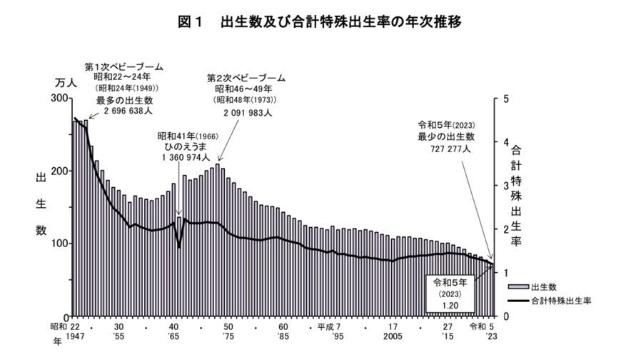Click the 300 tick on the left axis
click(x=61, y=98)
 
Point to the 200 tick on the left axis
click(x=61, y=171)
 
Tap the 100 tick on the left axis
click(x=61, y=244)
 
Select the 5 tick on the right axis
click(x=505, y=98)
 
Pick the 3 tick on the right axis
click(x=505, y=185)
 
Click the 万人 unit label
click(x=66, y=83)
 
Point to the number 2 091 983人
click(x=245, y=112)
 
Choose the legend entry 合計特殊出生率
click(x=561, y=301)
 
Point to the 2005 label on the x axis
click(x=393, y=335)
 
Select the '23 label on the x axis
click(x=491, y=335)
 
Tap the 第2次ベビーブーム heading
click(x=246, y=77)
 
